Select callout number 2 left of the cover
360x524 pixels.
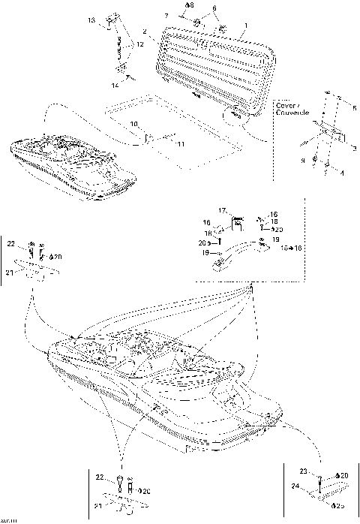click(144, 32)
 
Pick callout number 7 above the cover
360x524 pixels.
click(166, 15)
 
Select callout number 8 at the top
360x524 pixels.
click(189, 5)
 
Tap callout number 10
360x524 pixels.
click(133, 123)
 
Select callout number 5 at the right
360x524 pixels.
click(355, 109)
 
